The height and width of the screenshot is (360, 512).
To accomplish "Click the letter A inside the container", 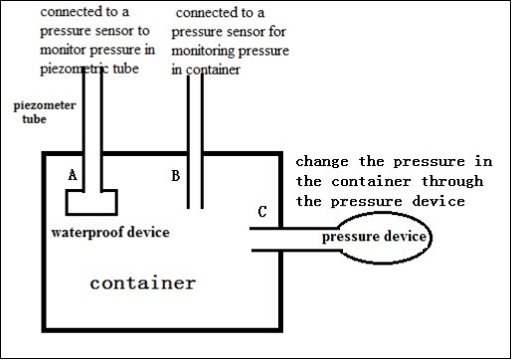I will click(72, 174).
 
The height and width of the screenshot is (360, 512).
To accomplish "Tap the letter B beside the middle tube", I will click(175, 176).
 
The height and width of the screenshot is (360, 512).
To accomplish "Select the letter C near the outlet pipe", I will click(261, 211).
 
